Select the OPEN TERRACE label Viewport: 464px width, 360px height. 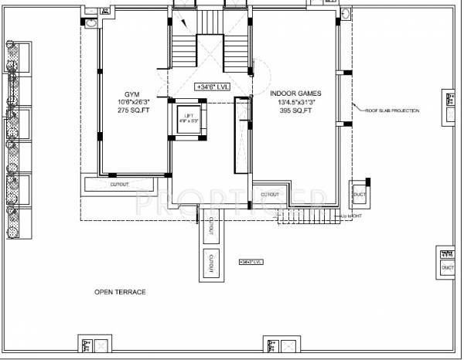120,292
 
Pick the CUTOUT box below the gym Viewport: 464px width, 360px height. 119,185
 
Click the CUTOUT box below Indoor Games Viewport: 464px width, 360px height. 270,194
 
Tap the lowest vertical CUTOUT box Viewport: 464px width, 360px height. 210,263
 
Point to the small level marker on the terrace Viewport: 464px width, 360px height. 252,263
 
